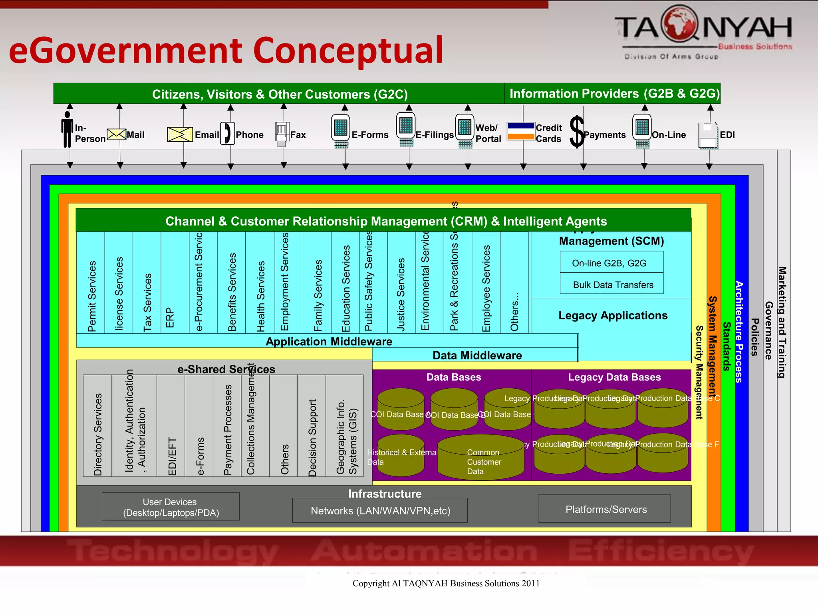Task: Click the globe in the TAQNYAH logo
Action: (x=679, y=23)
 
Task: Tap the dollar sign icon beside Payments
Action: (x=577, y=132)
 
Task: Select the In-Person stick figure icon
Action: (x=67, y=129)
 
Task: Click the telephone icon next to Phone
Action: (x=227, y=133)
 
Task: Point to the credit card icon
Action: (x=521, y=131)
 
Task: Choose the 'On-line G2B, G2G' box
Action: (x=611, y=263)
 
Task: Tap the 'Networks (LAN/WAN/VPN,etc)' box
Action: (x=380, y=510)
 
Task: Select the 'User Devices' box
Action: (x=171, y=507)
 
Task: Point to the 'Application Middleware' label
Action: (x=328, y=341)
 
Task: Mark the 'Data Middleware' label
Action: (x=477, y=355)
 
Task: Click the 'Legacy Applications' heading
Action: (x=612, y=315)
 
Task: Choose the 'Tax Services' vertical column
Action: (x=147, y=283)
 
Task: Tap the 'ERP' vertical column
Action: (x=175, y=283)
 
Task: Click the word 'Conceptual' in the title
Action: (x=347, y=50)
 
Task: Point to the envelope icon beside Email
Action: (x=180, y=134)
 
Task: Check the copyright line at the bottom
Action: (x=445, y=583)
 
